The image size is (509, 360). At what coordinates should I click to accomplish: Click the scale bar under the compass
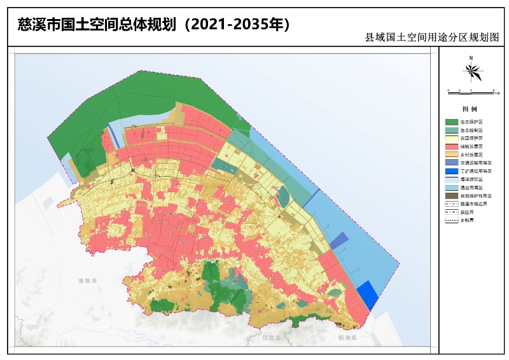471,92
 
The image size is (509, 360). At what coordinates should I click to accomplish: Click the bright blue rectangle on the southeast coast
367,296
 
